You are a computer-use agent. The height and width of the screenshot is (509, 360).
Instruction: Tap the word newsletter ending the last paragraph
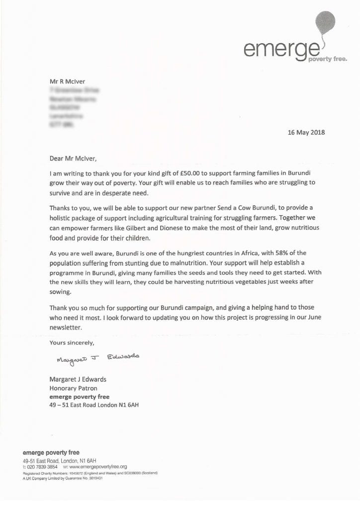click(x=65, y=328)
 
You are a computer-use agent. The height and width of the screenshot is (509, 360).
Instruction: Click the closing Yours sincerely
click(x=72, y=343)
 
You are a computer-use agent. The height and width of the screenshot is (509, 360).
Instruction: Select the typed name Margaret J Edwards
click(x=78, y=379)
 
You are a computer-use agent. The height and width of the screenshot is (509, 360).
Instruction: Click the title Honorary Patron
click(x=74, y=388)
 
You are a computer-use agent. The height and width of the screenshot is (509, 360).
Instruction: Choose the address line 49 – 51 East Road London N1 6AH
click(x=94, y=405)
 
